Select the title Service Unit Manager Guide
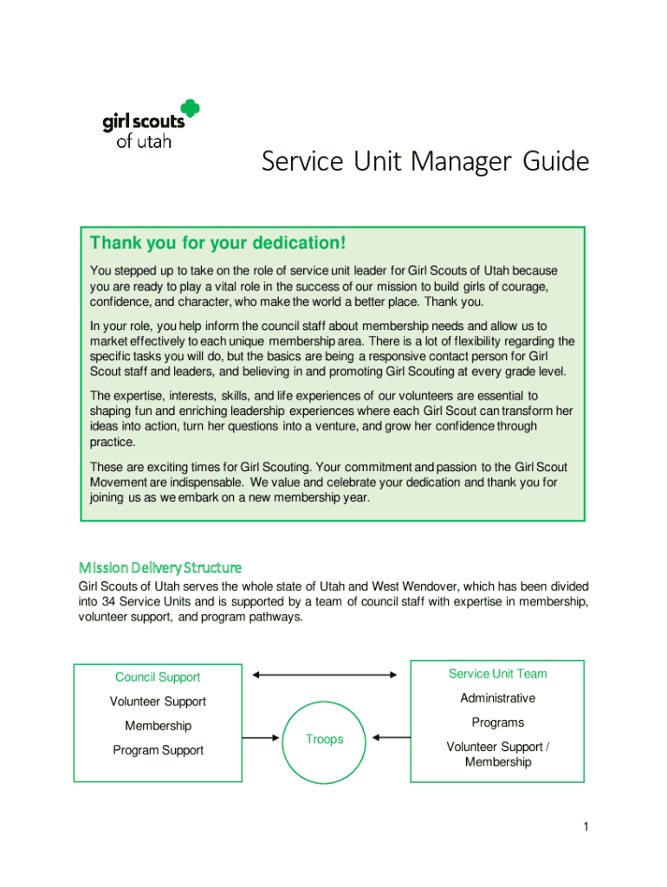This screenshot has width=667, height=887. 425,162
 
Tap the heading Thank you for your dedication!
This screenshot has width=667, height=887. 218,243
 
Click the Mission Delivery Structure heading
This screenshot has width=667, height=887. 160,567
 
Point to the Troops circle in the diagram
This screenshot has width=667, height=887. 324,739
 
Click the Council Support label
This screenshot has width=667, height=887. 158,677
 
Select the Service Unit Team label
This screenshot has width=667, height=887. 497,674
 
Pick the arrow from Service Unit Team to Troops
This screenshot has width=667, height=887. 391,738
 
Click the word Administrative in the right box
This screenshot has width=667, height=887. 497,698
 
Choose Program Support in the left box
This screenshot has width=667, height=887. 158,750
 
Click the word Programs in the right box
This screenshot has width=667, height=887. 497,722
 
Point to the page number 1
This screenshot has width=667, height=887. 586,827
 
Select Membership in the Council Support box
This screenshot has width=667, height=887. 158,726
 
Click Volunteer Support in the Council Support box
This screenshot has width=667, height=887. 158,702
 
